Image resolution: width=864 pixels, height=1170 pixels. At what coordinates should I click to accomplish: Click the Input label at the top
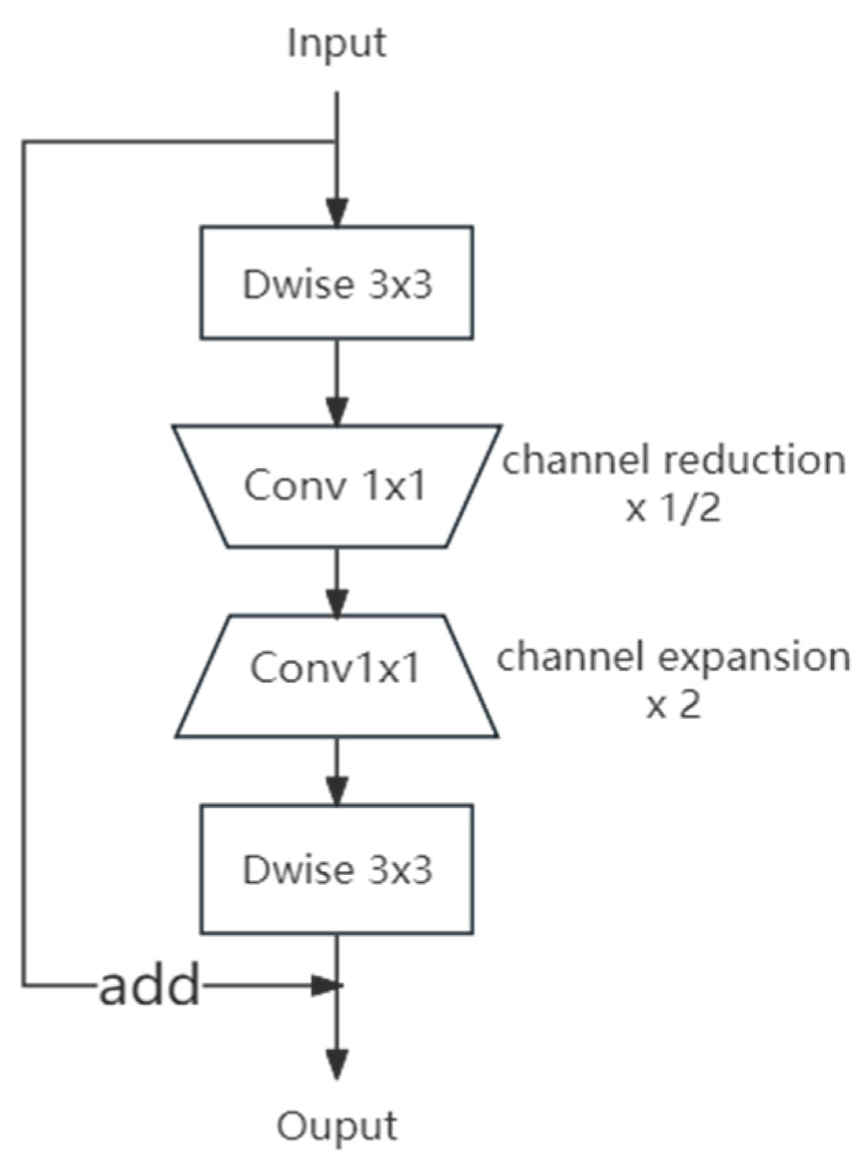(336, 42)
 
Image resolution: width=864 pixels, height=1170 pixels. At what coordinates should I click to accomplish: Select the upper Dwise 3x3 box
(336, 283)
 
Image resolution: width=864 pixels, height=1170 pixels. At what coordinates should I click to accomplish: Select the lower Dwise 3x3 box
(336, 869)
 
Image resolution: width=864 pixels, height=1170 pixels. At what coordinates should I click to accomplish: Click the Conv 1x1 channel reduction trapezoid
(336, 486)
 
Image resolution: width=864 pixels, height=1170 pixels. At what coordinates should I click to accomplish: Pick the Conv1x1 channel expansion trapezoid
(336, 676)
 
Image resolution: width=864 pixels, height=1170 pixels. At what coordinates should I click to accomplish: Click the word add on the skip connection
(149, 986)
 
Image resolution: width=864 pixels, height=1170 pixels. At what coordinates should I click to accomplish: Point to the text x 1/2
(673, 509)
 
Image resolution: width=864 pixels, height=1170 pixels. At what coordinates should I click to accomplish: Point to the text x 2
(673, 704)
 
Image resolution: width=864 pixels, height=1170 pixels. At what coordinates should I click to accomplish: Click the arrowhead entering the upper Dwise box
(336, 212)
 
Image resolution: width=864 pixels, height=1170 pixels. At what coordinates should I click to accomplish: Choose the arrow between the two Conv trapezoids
(336, 582)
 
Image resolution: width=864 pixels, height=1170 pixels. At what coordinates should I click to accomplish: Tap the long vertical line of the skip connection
(24, 561)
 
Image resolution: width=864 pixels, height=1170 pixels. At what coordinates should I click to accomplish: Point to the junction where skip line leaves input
(336, 142)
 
